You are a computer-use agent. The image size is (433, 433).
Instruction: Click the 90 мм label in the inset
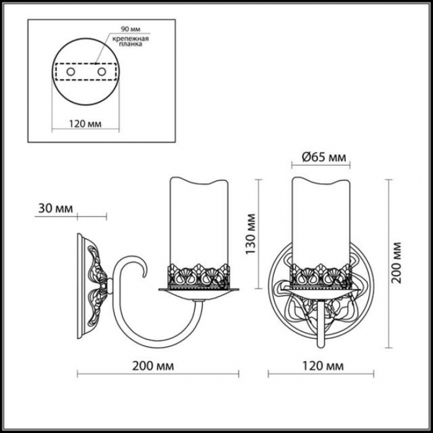[131, 29]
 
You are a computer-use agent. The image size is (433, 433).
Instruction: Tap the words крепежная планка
[131, 41]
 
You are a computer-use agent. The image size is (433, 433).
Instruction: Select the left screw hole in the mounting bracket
[71, 72]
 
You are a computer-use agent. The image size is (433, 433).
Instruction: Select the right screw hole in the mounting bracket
[101, 72]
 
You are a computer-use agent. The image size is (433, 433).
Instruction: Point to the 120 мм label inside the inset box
[85, 124]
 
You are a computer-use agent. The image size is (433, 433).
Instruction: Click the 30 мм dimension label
[56, 208]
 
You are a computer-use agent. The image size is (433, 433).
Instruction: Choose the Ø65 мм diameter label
[324, 157]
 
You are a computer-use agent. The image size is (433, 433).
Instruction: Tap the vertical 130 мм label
[251, 234]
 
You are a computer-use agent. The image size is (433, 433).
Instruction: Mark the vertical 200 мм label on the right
[396, 262]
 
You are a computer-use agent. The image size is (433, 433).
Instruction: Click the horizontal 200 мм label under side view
[153, 366]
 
